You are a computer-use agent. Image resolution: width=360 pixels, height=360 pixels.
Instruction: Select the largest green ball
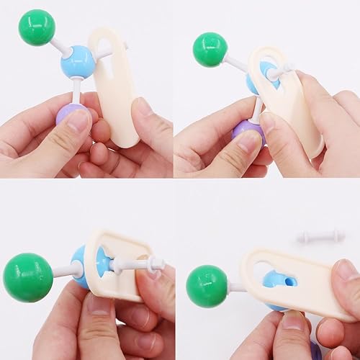[27, 277]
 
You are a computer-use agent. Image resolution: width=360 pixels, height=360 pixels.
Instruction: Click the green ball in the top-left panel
[37, 27]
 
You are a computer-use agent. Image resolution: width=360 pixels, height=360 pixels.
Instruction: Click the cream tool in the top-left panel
[115, 86]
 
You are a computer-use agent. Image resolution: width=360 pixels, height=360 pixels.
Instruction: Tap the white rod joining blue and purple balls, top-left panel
[75, 91]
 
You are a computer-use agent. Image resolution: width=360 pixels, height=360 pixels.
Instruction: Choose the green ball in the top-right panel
[210, 50]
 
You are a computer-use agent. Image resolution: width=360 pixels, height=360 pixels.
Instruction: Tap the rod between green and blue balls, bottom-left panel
[63, 270]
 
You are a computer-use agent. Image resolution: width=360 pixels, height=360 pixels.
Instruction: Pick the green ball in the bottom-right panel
[207, 285]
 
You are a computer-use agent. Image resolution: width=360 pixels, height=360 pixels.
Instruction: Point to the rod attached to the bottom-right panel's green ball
[234, 287]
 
